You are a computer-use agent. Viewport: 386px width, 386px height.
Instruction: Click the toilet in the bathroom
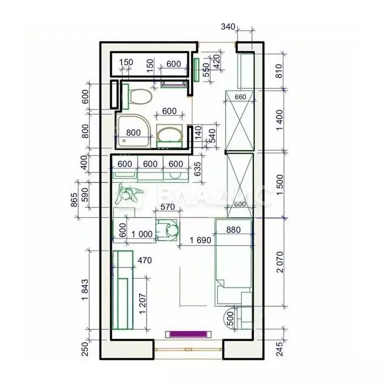(138, 96)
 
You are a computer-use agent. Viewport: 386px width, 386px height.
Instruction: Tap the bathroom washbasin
(169, 135)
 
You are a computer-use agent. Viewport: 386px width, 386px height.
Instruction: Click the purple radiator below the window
(186, 333)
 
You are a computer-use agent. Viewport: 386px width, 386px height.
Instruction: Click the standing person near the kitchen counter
(129, 194)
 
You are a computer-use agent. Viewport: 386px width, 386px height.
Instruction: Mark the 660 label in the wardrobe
(240, 97)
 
